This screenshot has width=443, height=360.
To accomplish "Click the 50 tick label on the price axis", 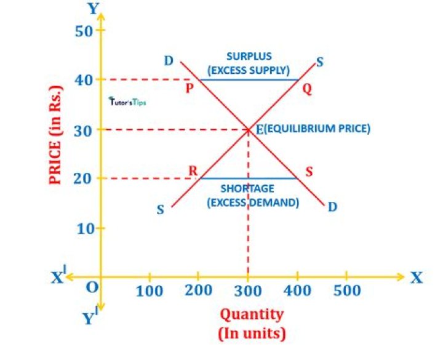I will [x=84, y=31].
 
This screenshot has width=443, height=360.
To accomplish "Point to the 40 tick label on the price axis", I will [x=84, y=79].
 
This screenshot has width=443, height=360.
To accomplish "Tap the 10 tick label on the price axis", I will [x=84, y=228].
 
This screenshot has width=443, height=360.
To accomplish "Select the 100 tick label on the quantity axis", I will [x=150, y=290].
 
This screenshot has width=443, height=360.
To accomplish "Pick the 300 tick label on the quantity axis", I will [x=248, y=290].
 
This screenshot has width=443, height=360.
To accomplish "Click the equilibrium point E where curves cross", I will [x=248, y=129].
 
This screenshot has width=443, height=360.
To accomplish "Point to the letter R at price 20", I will [x=193, y=171].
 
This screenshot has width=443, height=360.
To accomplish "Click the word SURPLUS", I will [x=249, y=57].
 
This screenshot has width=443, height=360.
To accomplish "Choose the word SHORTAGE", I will [x=249, y=189].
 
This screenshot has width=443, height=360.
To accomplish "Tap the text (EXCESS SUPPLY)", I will [x=249, y=69].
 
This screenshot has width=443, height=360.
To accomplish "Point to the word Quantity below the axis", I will [x=252, y=314].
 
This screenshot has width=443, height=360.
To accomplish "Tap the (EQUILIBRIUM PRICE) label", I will [x=317, y=129].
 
